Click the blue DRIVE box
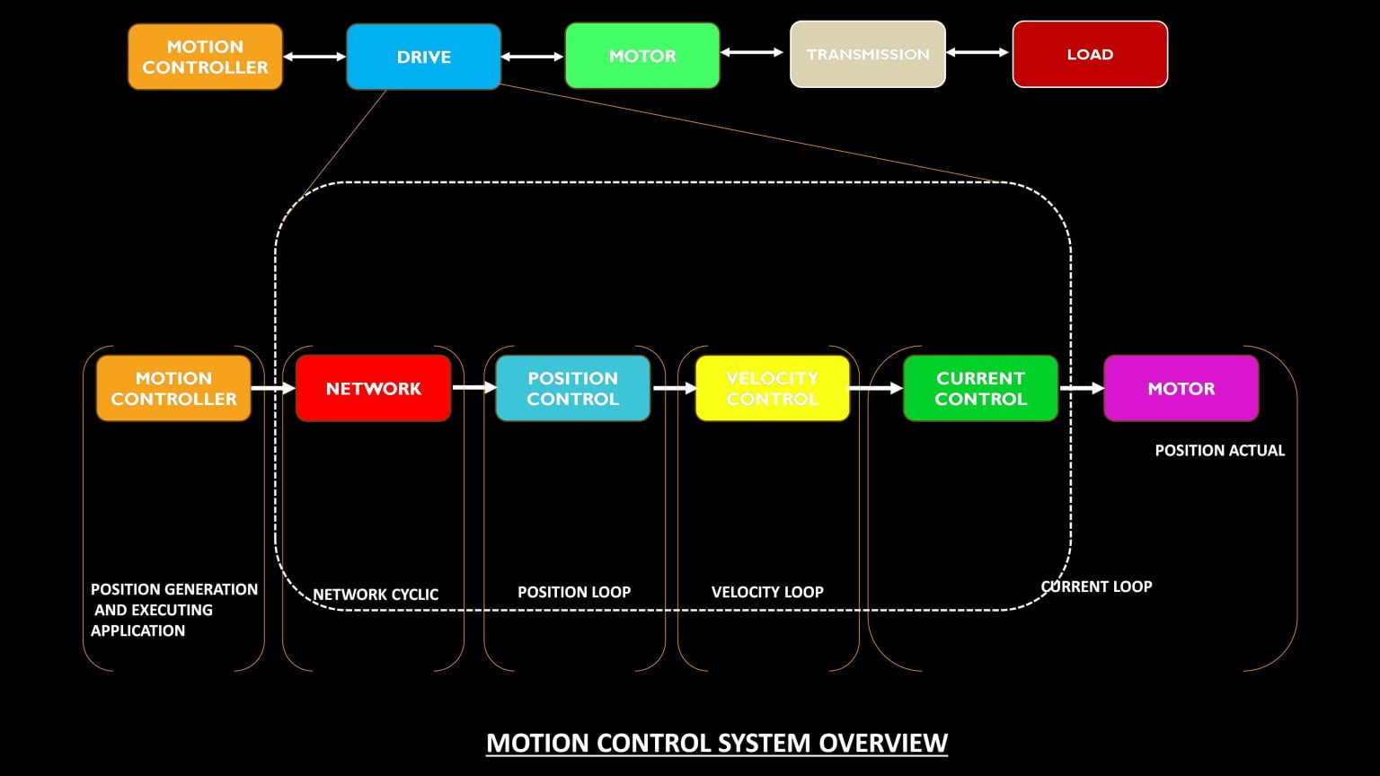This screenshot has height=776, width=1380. (x=423, y=57)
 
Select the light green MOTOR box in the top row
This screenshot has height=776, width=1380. (x=642, y=56)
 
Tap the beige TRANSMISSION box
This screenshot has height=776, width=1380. (x=868, y=54)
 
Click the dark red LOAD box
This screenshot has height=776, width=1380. (x=1090, y=54)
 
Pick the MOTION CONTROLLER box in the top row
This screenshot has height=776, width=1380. (x=205, y=57)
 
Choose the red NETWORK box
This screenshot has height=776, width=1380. (x=373, y=388)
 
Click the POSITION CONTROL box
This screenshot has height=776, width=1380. (x=572, y=388)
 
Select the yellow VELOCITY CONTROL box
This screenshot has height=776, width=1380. (x=773, y=388)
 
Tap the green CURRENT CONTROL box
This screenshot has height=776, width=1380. (x=980, y=388)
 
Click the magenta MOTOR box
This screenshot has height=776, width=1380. (x=1181, y=388)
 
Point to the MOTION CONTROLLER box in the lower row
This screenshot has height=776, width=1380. (x=173, y=388)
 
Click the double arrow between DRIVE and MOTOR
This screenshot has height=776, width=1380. (x=533, y=57)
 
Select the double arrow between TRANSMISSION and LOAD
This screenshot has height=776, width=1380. (x=978, y=52)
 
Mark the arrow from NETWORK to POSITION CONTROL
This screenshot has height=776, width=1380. (x=473, y=387)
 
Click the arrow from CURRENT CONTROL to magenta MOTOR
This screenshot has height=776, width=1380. (x=1081, y=388)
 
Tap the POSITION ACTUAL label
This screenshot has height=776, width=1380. (x=1219, y=450)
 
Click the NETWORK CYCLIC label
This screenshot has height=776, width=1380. (x=376, y=595)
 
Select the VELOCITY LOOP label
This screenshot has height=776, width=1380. (x=767, y=592)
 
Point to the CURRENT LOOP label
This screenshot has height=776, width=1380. (x=1096, y=586)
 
